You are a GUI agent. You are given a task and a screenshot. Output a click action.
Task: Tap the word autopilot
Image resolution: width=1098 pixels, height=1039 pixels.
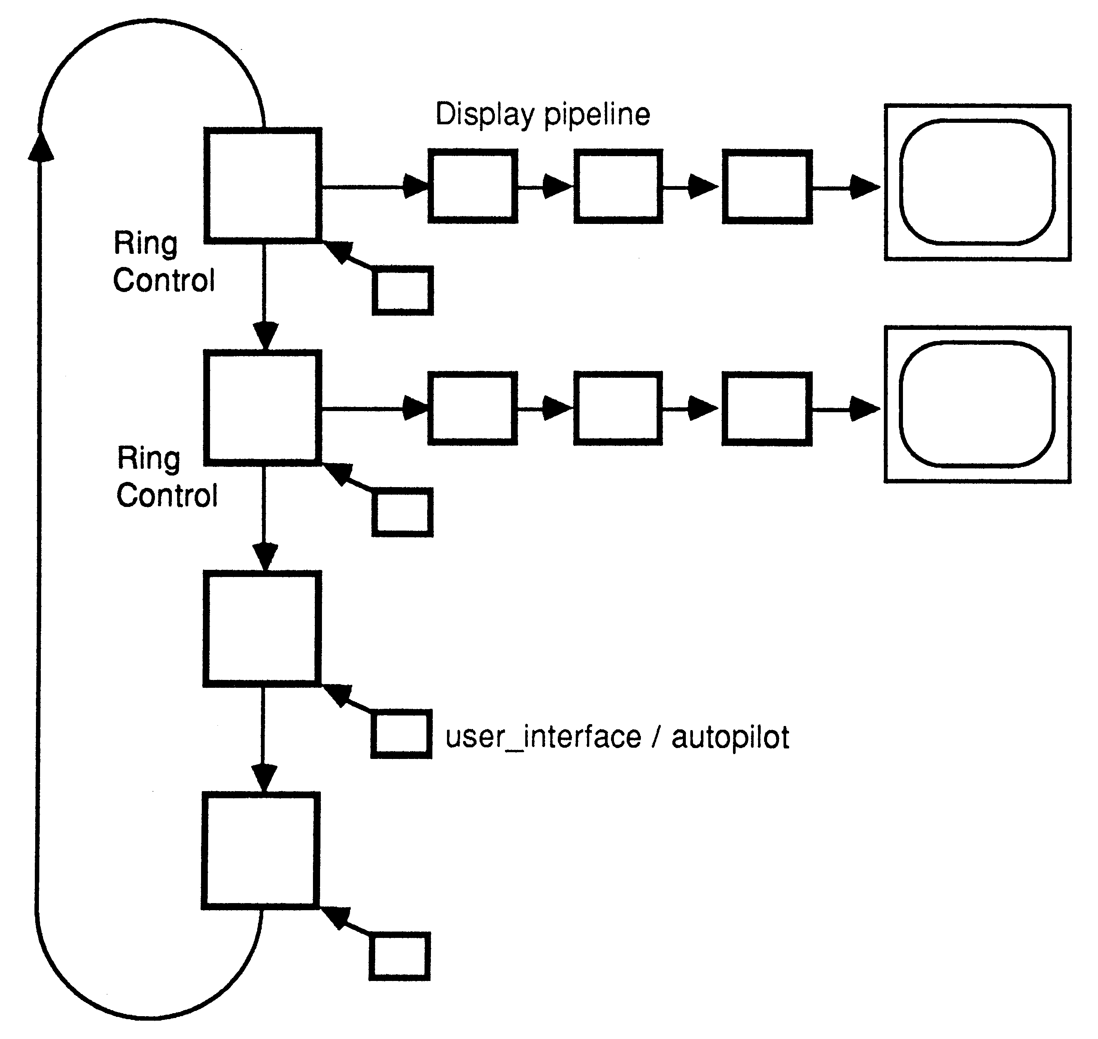(730, 738)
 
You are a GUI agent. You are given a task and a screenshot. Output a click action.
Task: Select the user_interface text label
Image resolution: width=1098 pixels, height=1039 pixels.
(542, 738)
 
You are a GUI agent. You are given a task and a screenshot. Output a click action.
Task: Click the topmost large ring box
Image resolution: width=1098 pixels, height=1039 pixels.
(263, 186)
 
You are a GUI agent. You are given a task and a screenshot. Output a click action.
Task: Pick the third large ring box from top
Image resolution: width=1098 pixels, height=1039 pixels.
(262, 629)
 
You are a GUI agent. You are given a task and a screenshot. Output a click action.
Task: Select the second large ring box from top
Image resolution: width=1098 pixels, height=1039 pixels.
(263, 408)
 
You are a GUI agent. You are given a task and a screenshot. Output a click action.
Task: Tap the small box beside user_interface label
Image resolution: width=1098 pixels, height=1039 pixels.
(401, 734)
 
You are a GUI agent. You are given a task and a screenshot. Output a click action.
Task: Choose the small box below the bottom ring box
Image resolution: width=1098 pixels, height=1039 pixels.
(399, 957)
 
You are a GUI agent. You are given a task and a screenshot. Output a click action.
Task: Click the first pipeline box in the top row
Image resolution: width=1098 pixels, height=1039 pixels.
(473, 186)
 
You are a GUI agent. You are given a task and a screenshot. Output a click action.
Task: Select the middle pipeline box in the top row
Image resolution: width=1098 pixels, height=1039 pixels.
(618, 186)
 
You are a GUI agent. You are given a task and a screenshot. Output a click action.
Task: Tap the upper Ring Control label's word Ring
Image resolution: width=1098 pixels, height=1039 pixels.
(145, 244)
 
